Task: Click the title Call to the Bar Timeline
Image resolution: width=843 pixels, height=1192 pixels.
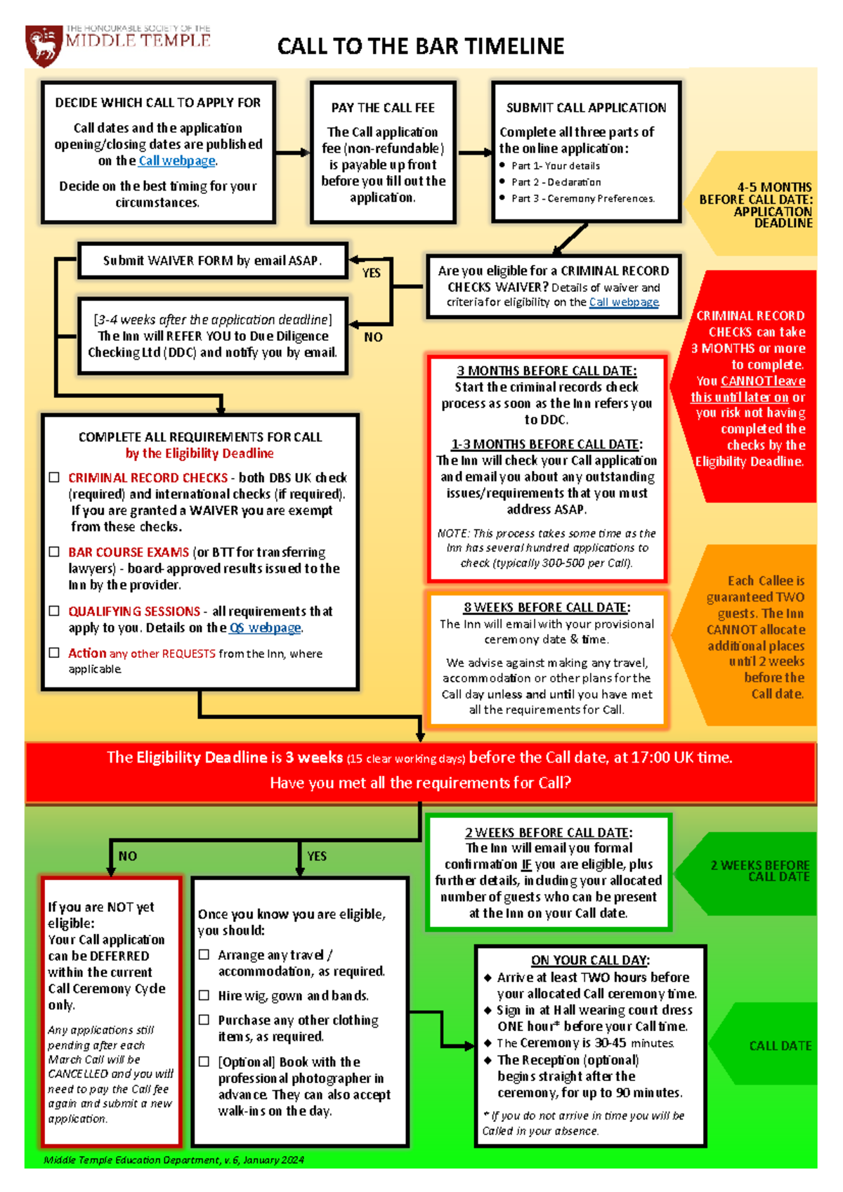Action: (420, 46)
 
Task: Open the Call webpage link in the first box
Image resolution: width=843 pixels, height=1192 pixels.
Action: (177, 161)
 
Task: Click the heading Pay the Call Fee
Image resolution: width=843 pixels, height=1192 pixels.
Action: (383, 108)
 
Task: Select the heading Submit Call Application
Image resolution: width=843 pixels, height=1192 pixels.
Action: (586, 108)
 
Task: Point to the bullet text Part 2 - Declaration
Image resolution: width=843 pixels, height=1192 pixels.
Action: (556, 182)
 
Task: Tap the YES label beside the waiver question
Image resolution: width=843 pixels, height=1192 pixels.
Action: (372, 273)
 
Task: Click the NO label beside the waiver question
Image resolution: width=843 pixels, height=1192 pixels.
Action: (373, 337)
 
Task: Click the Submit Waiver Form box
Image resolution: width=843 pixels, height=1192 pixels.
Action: (212, 261)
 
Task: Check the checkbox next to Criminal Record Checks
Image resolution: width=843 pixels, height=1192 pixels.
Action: (54, 477)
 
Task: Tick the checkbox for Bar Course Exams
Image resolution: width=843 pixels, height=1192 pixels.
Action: (54, 552)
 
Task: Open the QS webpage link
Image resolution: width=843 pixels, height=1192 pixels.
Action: (266, 628)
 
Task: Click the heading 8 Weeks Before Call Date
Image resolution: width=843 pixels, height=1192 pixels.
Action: (547, 607)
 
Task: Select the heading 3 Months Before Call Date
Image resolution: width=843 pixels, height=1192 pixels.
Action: (547, 370)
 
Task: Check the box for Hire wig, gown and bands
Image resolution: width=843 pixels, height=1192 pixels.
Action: (204, 995)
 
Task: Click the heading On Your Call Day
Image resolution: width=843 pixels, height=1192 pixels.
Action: (590, 960)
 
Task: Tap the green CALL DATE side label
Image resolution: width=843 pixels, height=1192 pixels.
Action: (780, 1046)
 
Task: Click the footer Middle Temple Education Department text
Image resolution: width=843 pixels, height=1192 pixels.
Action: (174, 1160)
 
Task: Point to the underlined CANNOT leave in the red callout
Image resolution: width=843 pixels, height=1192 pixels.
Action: (763, 381)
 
